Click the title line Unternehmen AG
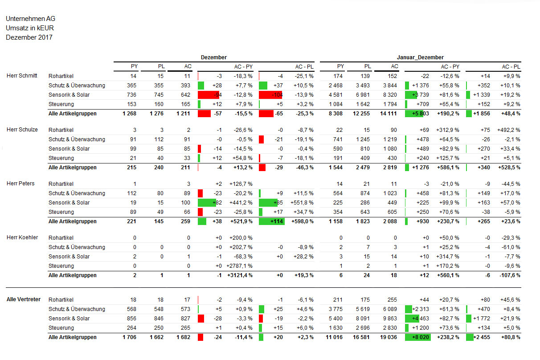click(30, 19)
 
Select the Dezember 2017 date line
click(29, 37)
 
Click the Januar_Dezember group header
click(420, 57)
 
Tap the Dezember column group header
click(214, 57)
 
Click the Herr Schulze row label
click(22, 130)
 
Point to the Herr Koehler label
click(22, 237)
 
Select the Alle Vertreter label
click(24, 299)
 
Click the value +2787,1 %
click(239, 266)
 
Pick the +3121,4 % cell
click(240, 275)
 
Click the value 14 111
click(389, 114)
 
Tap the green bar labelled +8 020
click(418, 337)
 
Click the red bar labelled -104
click(270, 95)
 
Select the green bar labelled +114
click(272, 221)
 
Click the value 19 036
click(389, 337)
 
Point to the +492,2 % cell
click(508, 130)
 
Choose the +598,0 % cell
click(303, 221)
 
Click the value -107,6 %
click(510, 275)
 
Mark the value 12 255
click(361, 114)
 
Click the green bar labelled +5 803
click(414, 114)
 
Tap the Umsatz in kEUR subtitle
click(30, 28)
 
